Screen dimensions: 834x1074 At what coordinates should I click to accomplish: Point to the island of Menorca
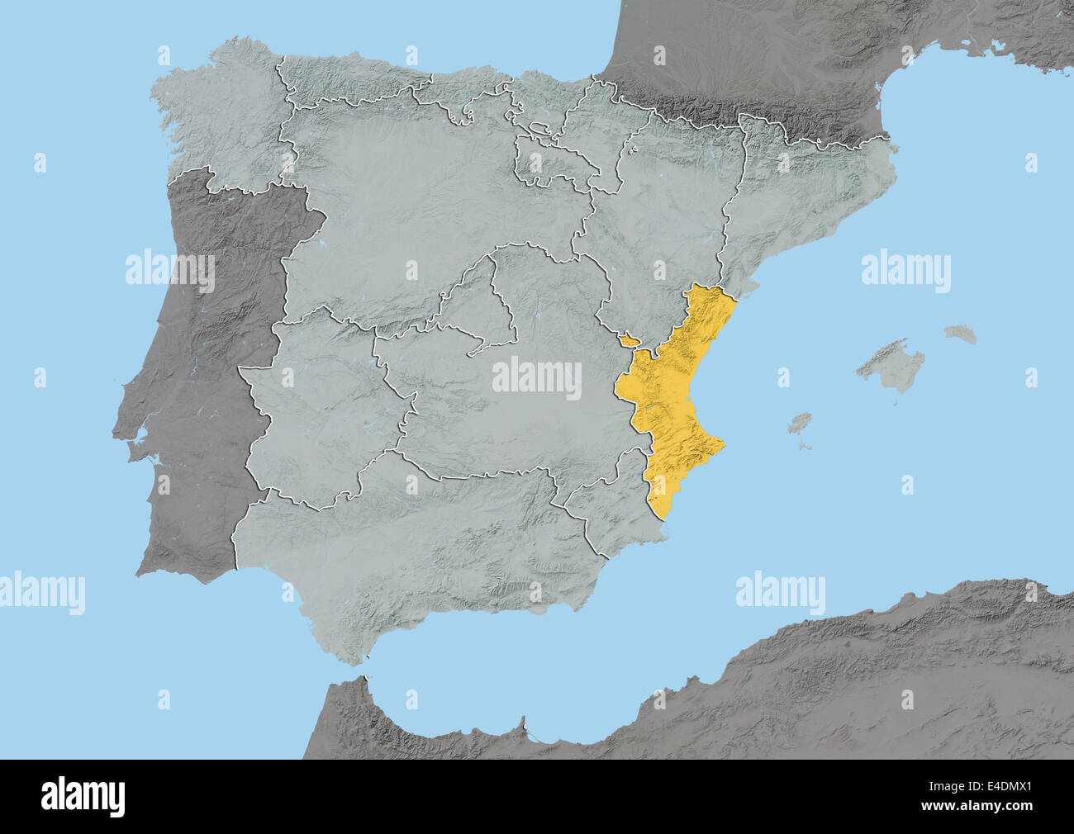coord(961,334)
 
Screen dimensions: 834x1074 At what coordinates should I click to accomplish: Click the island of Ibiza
coord(799,424)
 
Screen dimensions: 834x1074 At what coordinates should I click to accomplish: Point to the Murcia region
coord(607,512)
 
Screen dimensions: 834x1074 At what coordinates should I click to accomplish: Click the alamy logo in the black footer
coord(83,797)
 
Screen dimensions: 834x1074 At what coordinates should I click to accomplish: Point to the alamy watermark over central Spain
coord(537,378)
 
